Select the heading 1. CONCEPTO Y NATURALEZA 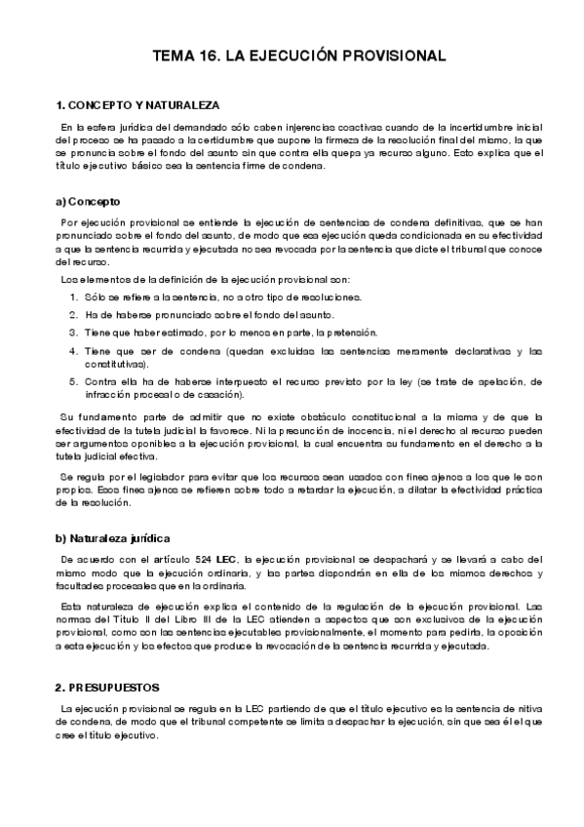pos(138,104)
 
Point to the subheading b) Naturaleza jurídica pos(114,537)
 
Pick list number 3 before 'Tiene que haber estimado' pos(74,332)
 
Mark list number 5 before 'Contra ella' pos(74,381)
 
